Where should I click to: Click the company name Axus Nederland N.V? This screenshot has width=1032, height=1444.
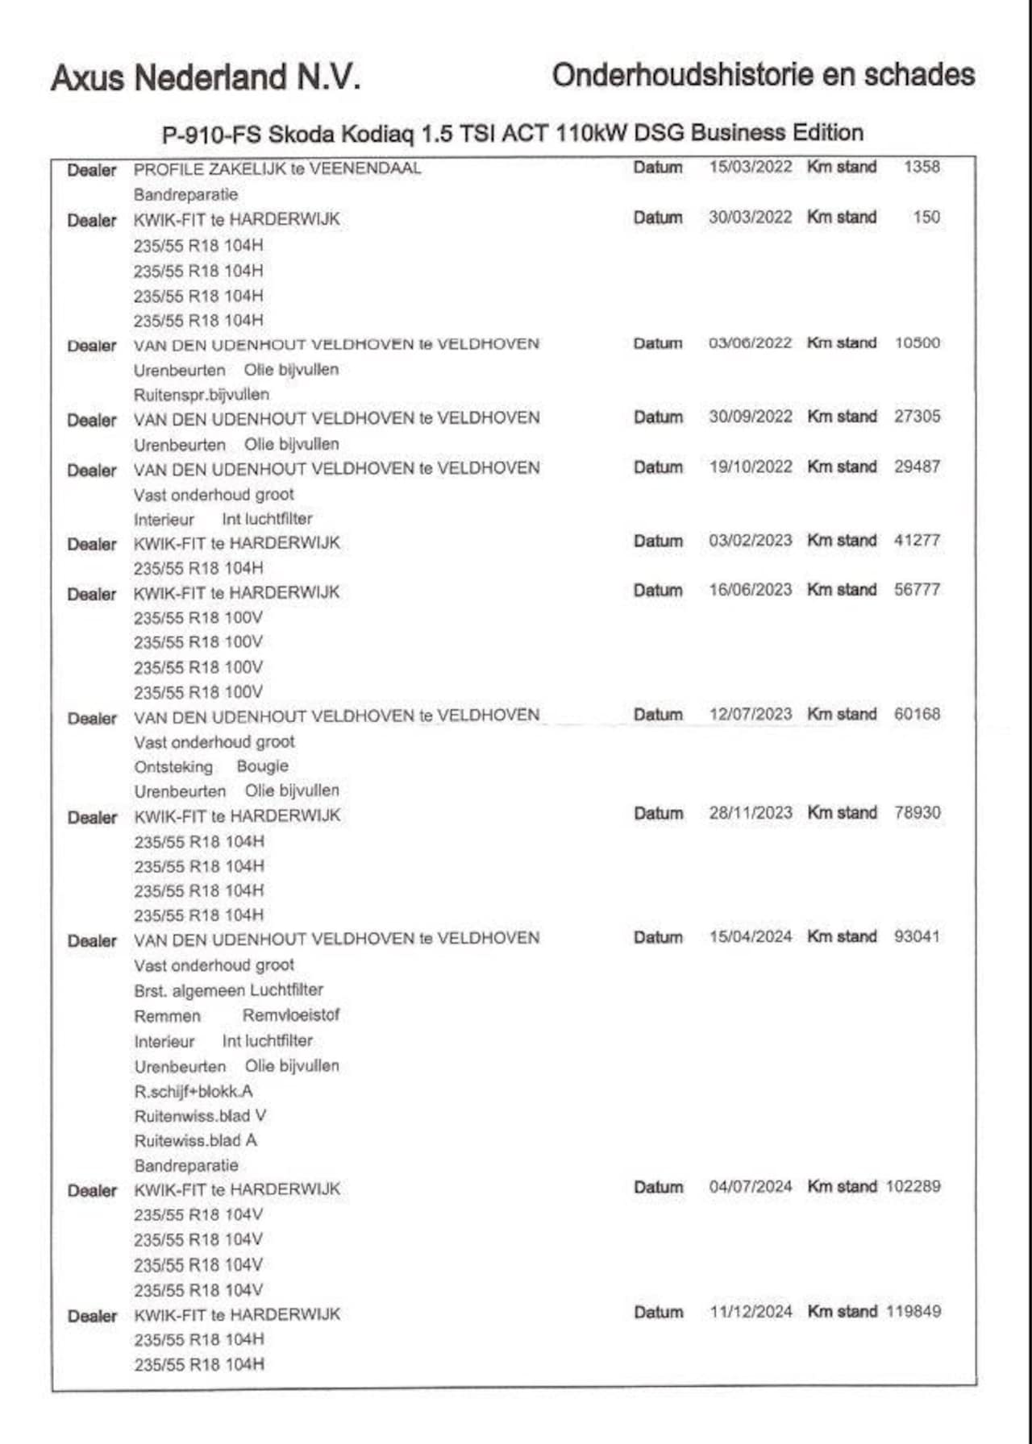(205, 78)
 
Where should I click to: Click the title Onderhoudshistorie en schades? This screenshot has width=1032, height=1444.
(763, 75)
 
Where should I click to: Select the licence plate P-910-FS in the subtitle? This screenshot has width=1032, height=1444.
(211, 134)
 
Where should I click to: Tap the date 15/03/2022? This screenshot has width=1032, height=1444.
(751, 167)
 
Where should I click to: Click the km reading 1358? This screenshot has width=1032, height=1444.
(922, 167)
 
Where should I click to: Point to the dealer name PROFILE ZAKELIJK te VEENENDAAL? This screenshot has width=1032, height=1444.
(277, 168)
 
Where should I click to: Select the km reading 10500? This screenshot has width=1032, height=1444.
(918, 342)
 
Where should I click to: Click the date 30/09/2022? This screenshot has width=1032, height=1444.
(751, 417)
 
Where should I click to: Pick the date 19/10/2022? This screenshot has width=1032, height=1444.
(751, 467)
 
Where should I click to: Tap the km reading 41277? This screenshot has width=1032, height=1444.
(918, 540)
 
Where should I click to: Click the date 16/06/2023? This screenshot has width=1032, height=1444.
(751, 590)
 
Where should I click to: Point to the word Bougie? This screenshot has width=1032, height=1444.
(262, 766)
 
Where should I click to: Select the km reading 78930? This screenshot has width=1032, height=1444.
(918, 812)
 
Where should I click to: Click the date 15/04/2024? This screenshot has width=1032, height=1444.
(751, 937)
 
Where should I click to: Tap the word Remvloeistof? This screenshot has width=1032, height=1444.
(291, 1015)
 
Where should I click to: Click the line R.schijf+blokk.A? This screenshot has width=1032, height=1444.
(193, 1091)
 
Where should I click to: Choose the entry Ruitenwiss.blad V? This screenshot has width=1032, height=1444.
(200, 1116)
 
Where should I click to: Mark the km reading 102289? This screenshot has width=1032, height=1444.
(913, 1187)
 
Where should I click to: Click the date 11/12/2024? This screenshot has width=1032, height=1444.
(751, 1312)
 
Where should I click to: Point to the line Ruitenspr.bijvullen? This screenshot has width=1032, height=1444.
(202, 395)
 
